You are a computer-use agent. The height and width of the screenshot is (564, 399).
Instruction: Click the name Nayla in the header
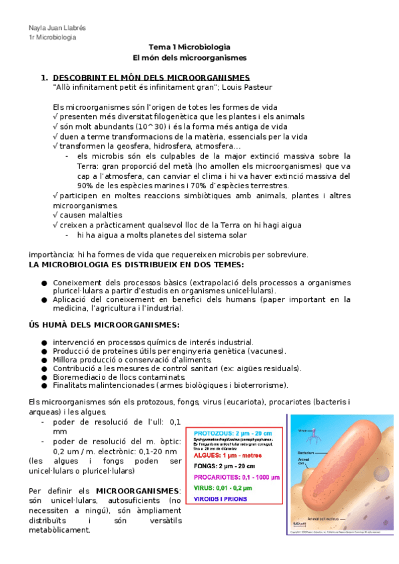coord(38,27)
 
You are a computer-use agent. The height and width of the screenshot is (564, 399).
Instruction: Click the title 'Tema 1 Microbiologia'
coord(190,47)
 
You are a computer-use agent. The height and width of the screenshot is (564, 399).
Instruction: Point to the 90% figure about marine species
coord(85,186)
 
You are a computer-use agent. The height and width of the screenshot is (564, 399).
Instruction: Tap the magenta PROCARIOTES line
coord(236,478)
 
